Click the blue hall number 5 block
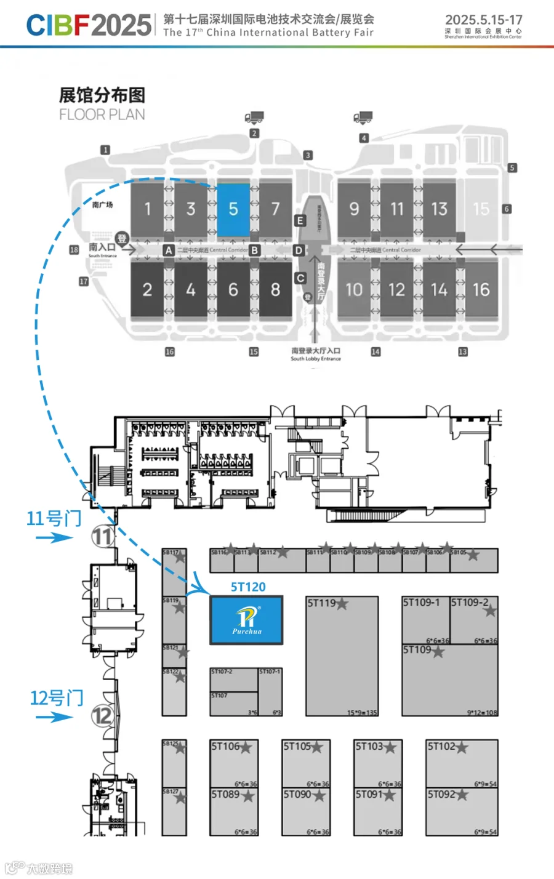233,209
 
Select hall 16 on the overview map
481,289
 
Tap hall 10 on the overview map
354,289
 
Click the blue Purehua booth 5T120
247,620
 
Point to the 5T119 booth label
322,603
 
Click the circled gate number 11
103,537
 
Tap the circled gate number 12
103,715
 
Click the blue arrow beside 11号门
54,538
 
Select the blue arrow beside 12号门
54,717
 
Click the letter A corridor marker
169,251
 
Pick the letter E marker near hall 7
300,220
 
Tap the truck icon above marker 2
254,118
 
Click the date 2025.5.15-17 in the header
483,20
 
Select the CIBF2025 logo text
89,25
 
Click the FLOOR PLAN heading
102,114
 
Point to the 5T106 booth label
225,747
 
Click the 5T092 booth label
442,794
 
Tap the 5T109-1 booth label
422,602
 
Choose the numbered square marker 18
74,250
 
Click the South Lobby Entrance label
316,358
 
